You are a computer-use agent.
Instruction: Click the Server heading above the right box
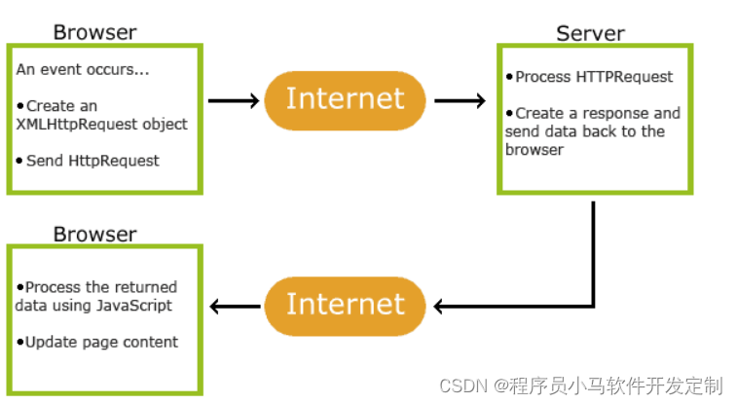(590, 33)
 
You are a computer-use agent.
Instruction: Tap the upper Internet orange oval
(345, 100)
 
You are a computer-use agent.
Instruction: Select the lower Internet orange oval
(345, 307)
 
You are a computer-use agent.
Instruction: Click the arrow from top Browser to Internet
(234, 100)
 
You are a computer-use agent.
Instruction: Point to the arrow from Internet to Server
(460, 100)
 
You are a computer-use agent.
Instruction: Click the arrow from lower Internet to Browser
(235, 307)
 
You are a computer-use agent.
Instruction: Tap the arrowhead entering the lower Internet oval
(438, 307)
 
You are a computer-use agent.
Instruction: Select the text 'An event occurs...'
(82, 69)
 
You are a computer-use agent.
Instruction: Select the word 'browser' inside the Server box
(534, 150)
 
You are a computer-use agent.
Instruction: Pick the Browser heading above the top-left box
(95, 32)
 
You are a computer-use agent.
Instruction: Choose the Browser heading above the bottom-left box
(95, 234)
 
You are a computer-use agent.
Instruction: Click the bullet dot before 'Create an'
(19, 106)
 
